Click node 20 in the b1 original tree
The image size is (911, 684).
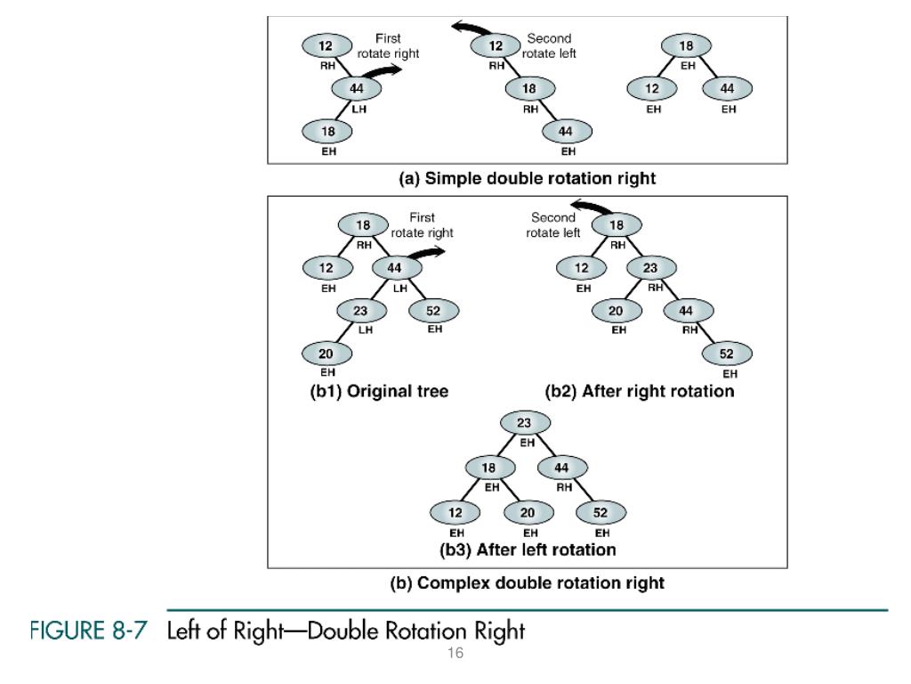[327, 353]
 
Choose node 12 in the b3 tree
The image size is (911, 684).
[454, 511]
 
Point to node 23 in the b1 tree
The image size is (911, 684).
[361, 310]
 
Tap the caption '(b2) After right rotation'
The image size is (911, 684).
[640, 391]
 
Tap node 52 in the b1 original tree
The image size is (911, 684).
[433, 310]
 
